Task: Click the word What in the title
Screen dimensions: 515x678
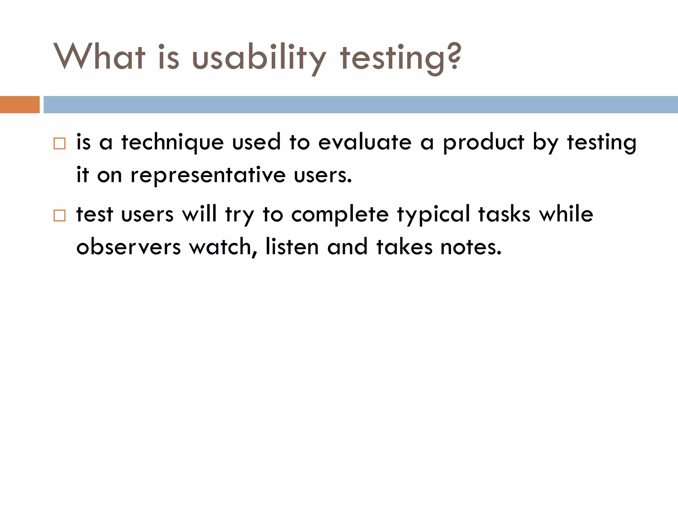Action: click(x=99, y=57)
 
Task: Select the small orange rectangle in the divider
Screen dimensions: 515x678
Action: click(x=20, y=105)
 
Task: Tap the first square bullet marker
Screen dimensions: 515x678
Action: click(x=59, y=144)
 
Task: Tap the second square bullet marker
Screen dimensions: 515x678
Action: click(x=59, y=215)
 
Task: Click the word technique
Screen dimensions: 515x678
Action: click(x=172, y=143)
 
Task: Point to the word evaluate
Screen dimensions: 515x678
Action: click(x=365, y=142)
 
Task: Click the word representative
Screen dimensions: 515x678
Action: click(x=208, y=175)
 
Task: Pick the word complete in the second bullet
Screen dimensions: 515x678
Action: click(x=340, y=214)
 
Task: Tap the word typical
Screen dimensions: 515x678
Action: click(x=434, y=214)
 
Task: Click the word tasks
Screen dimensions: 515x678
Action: click(x=504, y=214)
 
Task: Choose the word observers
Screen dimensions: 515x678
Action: click(x=128, y=247)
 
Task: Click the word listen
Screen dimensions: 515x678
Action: click(x=292, y=247)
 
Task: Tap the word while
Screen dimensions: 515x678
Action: click(x=566, y=214)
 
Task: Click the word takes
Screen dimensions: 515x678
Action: click(x=404, y=247)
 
